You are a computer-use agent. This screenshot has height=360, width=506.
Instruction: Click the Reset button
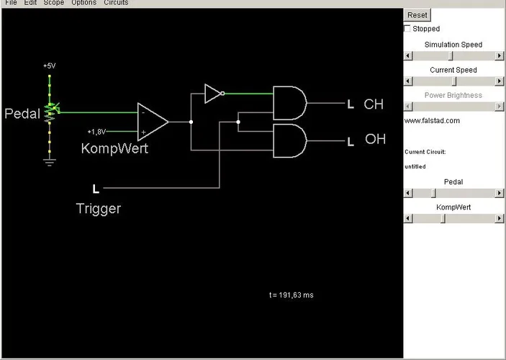[x=417, y=15]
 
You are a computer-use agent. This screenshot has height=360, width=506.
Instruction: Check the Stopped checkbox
[x=408, y=29]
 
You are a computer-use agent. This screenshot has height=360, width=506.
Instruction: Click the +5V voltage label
[x=49, y=66]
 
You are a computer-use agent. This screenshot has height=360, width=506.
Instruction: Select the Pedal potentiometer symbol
[x=50, y=112]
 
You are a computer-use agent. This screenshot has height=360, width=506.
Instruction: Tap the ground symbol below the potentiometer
[x=49, y=161]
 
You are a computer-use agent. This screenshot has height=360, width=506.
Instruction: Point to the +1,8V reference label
[x=97, y=132]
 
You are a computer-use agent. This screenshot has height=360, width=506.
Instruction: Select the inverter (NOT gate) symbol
[x=214, y=94]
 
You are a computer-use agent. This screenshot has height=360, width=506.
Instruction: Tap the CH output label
[x=374, y=104]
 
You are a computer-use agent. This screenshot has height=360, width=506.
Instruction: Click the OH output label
[x=375, y=139]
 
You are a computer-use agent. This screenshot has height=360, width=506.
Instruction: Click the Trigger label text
[x=99, y=209]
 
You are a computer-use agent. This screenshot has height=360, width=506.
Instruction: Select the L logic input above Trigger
[x=96, y=189]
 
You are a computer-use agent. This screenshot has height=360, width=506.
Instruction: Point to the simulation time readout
[x=291, y=295]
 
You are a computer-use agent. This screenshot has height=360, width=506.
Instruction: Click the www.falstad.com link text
[x=432, y=120]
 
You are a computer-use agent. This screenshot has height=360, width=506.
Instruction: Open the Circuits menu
[x=115, y=3]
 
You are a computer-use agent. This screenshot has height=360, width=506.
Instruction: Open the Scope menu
[x=54, y=3]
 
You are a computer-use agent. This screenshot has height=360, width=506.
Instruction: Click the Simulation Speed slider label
[x=453, y=45]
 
